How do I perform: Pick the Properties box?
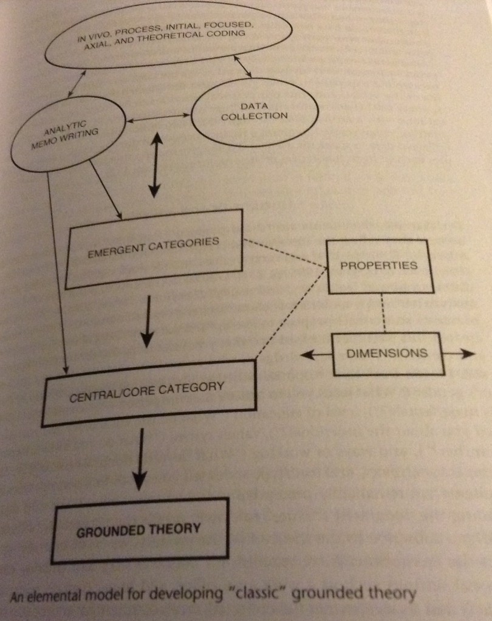click(x=378, y=266)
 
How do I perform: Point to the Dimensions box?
click(x=387, y=353)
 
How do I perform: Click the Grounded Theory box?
click(x=139, y=528)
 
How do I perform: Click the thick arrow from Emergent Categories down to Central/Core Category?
click(x=148, y=322)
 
